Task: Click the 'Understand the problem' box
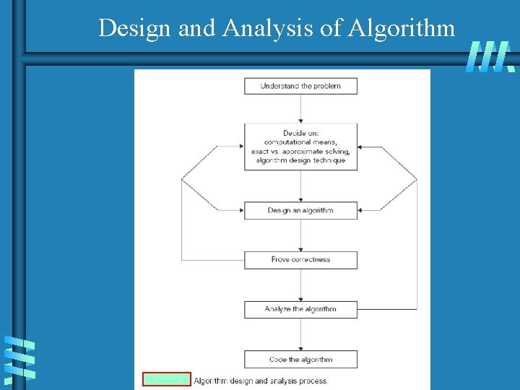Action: (300, 86)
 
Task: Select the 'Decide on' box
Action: (300, 147)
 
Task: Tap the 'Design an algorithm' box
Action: (300, 210)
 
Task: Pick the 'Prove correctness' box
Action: (300, 259)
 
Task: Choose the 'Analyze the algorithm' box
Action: (300, 309)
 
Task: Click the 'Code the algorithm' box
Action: (300, 359)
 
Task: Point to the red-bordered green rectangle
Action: (167, 380)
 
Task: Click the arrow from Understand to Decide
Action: (300, 108)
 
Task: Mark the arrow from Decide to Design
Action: (300, 186)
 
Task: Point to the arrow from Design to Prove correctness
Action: (300, 235)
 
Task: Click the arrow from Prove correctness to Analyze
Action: (300, 285)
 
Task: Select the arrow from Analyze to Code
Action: (300, 334)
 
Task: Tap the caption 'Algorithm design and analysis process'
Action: (261, 381)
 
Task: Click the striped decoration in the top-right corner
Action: (490, 56)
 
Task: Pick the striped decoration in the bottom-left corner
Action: (19, 359)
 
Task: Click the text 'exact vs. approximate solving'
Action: (300, 151)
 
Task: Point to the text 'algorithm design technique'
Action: (300, 160)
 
